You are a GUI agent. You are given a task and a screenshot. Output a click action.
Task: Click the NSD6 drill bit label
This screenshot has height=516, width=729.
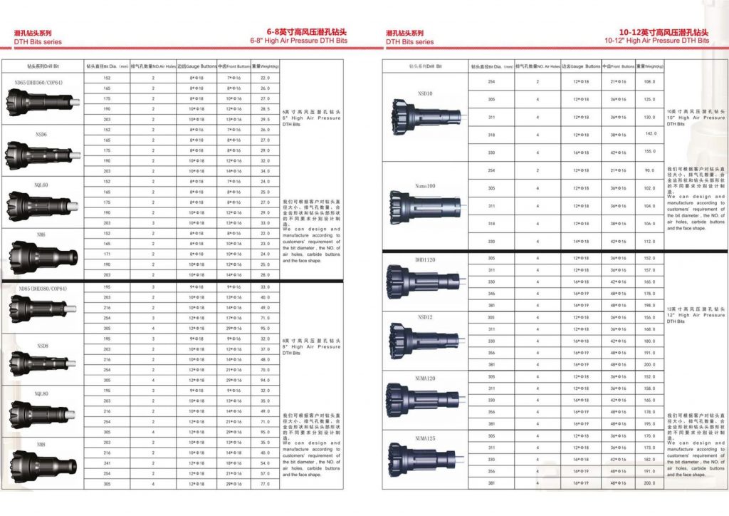coord(41,134)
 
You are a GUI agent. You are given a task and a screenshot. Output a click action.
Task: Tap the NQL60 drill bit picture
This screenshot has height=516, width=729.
coord(41,207)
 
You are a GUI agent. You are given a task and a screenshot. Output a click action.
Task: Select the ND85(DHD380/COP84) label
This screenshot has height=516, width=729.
coord(42,289)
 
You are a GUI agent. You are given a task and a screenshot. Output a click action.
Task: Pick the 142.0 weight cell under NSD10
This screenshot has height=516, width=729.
coord(649,134)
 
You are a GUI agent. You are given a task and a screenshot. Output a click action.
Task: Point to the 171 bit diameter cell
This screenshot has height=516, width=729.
coord(107,254)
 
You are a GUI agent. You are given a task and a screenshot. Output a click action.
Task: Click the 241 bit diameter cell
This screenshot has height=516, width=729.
coord(107,463)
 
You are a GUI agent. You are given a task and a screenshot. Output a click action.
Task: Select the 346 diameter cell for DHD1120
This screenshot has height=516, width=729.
coord(491,294)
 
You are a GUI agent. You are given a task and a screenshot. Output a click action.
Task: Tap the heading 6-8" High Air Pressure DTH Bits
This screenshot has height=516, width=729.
coord(298,41)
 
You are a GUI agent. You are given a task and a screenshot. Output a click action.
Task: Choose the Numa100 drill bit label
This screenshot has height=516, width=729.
coord(425,185)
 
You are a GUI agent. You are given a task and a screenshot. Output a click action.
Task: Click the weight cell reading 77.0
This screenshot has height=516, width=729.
coord(266,484)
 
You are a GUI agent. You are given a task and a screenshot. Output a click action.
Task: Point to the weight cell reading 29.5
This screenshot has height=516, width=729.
coord(266,119)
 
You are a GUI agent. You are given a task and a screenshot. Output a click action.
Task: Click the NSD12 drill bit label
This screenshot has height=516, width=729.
coord(425,317)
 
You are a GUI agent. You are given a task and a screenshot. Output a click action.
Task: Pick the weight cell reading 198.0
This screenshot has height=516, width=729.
coord(649,304)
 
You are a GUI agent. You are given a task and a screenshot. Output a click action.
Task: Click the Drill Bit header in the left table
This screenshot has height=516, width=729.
coord(41,66)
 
